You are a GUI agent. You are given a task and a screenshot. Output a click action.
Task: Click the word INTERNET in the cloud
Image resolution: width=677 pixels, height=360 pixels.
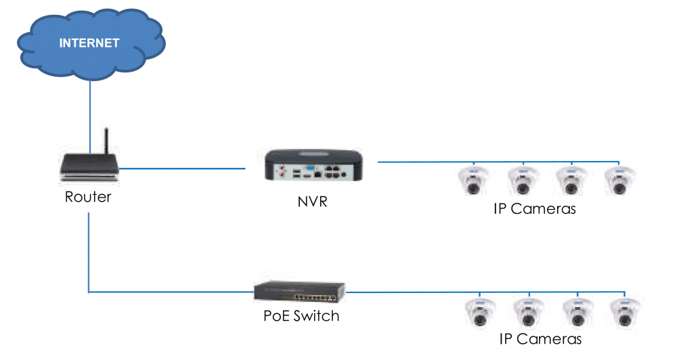click(x=89, y=43)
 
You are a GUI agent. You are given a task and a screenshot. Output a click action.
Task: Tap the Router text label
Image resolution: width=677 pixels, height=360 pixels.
click(x=88, y=198)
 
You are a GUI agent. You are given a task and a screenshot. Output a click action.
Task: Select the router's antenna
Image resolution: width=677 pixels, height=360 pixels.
click(x=106, y=142)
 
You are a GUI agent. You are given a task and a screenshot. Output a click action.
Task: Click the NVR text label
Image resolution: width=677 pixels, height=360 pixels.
click(x=312, y=201)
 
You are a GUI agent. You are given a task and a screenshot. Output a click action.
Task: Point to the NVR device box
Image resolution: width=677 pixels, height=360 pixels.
click(x=314, y=165)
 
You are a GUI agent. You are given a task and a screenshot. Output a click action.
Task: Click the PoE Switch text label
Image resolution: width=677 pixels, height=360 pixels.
click(x=301, y=315)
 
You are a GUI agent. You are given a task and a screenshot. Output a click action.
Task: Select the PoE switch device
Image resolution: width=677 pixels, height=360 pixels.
click(x=301, y=291)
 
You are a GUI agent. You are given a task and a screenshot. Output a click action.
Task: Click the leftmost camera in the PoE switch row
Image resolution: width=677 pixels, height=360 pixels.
click(x=479, y=313)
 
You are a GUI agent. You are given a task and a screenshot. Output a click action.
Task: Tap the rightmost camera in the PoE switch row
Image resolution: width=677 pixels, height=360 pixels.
click(x=625, y=313)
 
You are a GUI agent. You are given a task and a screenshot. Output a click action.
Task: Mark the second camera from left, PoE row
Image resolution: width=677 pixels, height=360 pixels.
click(x=527, y=313)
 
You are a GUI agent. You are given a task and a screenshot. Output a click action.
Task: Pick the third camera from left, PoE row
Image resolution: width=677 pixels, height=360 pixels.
click(x=576, y=313)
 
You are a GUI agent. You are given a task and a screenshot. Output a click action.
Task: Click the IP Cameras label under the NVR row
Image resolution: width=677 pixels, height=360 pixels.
click(x=535, y=208)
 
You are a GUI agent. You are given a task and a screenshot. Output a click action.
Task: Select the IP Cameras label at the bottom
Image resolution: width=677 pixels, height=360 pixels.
click(x=540, y=339)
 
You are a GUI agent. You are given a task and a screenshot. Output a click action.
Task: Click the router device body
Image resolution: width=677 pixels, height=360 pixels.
click(x=89, y=168)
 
